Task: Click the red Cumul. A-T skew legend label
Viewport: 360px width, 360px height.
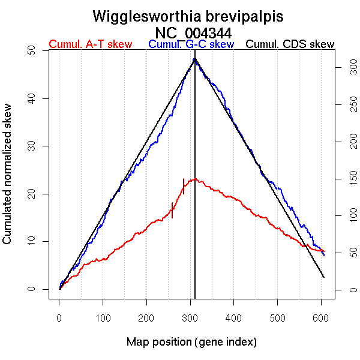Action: click(90, 44)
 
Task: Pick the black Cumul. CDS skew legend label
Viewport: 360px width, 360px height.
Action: click(290, 44)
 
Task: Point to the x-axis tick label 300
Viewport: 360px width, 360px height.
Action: click(190, 317)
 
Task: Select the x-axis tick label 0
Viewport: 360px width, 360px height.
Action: click(59, 317)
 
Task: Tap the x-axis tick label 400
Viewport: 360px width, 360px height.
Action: click(234, 317)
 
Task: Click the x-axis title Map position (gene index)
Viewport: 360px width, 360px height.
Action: click(191, 342)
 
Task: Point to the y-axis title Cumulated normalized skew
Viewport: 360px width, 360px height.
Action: click(8, 171)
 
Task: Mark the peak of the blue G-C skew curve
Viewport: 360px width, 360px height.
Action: click(194, 59)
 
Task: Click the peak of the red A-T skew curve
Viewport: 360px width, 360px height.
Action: click(193, 179)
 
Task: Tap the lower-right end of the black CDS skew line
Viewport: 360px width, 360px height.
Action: click(324, 277)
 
